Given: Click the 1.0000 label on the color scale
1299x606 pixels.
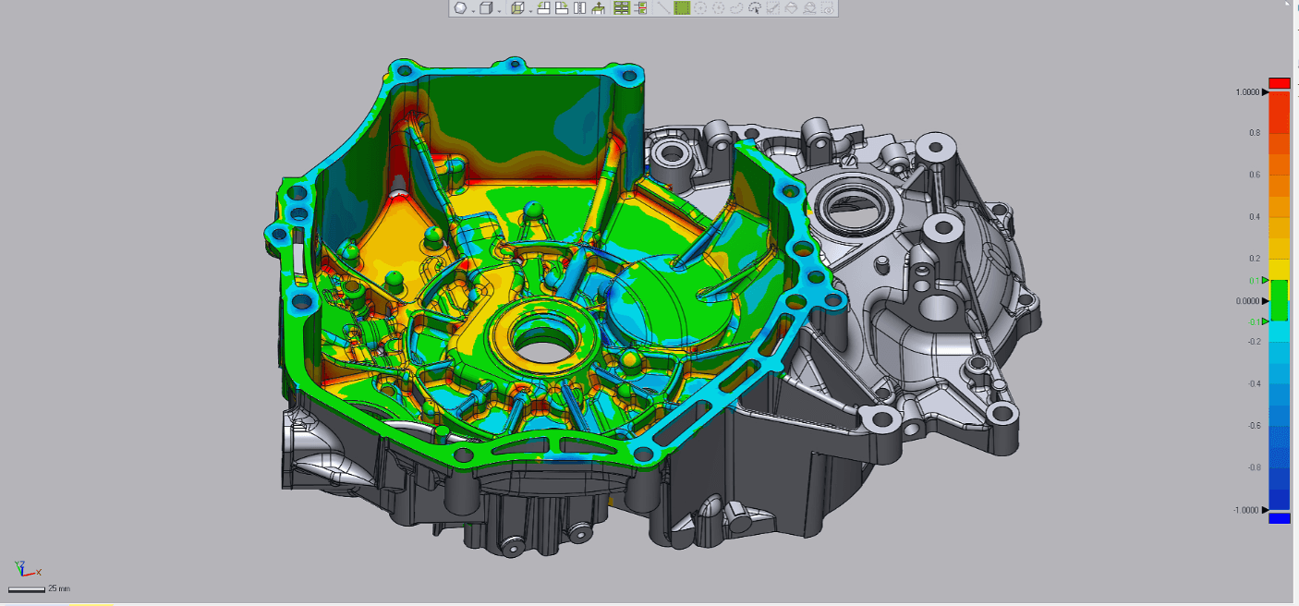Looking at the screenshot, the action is [1247, 92].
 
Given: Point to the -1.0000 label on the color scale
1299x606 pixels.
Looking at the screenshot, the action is [1245, 510].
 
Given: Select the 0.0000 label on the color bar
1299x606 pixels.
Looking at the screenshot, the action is [1247, 301].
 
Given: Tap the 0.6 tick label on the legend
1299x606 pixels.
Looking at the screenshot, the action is [1255, 175].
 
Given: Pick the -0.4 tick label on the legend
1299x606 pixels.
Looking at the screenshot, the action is [1254, 384].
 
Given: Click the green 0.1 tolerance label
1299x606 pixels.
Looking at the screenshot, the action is [1255, 281].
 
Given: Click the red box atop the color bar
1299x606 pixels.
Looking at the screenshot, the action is [1280, 83].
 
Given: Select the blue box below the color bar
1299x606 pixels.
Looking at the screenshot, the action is [1280, 518].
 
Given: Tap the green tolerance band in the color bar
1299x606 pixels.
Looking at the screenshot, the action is [1280, 300].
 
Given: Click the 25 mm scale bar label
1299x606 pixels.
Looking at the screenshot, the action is [58, 588].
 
